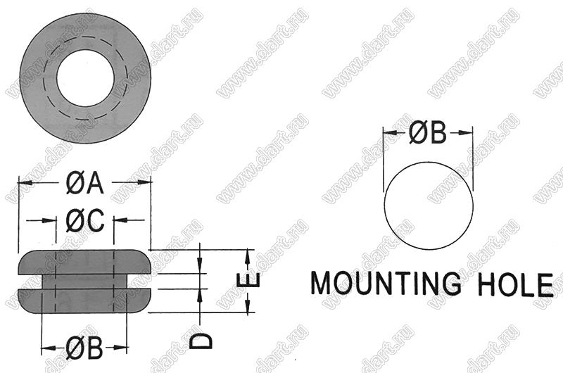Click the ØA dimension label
coord(84,182)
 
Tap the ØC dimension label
coord(85,220)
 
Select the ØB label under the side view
coord(84,348)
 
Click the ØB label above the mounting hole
coord(428,132)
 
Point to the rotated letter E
coord(248,280)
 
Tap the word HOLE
coord(517,284)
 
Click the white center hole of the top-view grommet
coord(85,78)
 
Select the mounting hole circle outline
coord(384,206)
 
